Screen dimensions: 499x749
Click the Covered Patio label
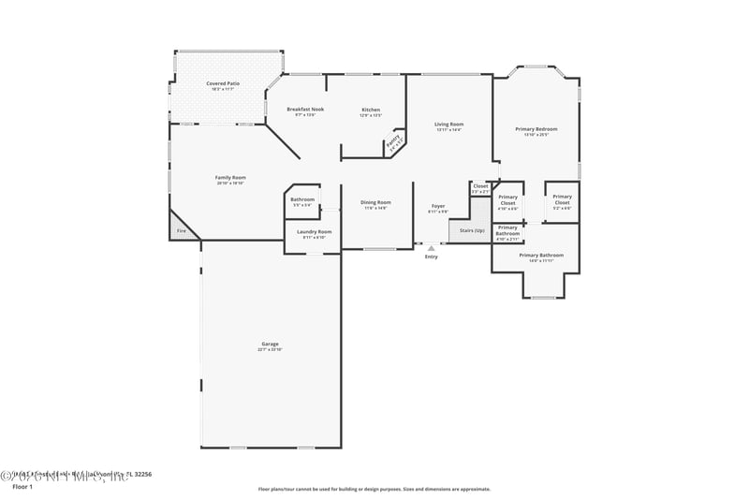(223, 84)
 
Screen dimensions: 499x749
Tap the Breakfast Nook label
(305, 110)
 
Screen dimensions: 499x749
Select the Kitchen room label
(371, 110)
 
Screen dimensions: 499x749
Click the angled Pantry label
(394, 142)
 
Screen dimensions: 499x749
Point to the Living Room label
(449, 124)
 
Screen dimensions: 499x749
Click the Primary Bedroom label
(536, 128)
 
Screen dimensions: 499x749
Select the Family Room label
(230, 177)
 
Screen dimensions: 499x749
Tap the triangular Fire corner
(180, 230)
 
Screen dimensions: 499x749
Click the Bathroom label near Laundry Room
(302, 198)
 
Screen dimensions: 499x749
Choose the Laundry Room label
(314, 231)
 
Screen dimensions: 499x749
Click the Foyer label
(437, 205)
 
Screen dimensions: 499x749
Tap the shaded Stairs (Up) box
(471, 229)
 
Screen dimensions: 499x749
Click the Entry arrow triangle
(431, 248)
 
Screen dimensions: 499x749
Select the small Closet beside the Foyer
(480, 186)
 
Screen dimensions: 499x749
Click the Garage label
(270, 344)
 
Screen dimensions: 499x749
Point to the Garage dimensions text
(270, 349)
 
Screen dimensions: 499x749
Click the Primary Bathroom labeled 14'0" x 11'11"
(541, 256)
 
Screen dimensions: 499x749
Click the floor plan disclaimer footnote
(374, 489)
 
